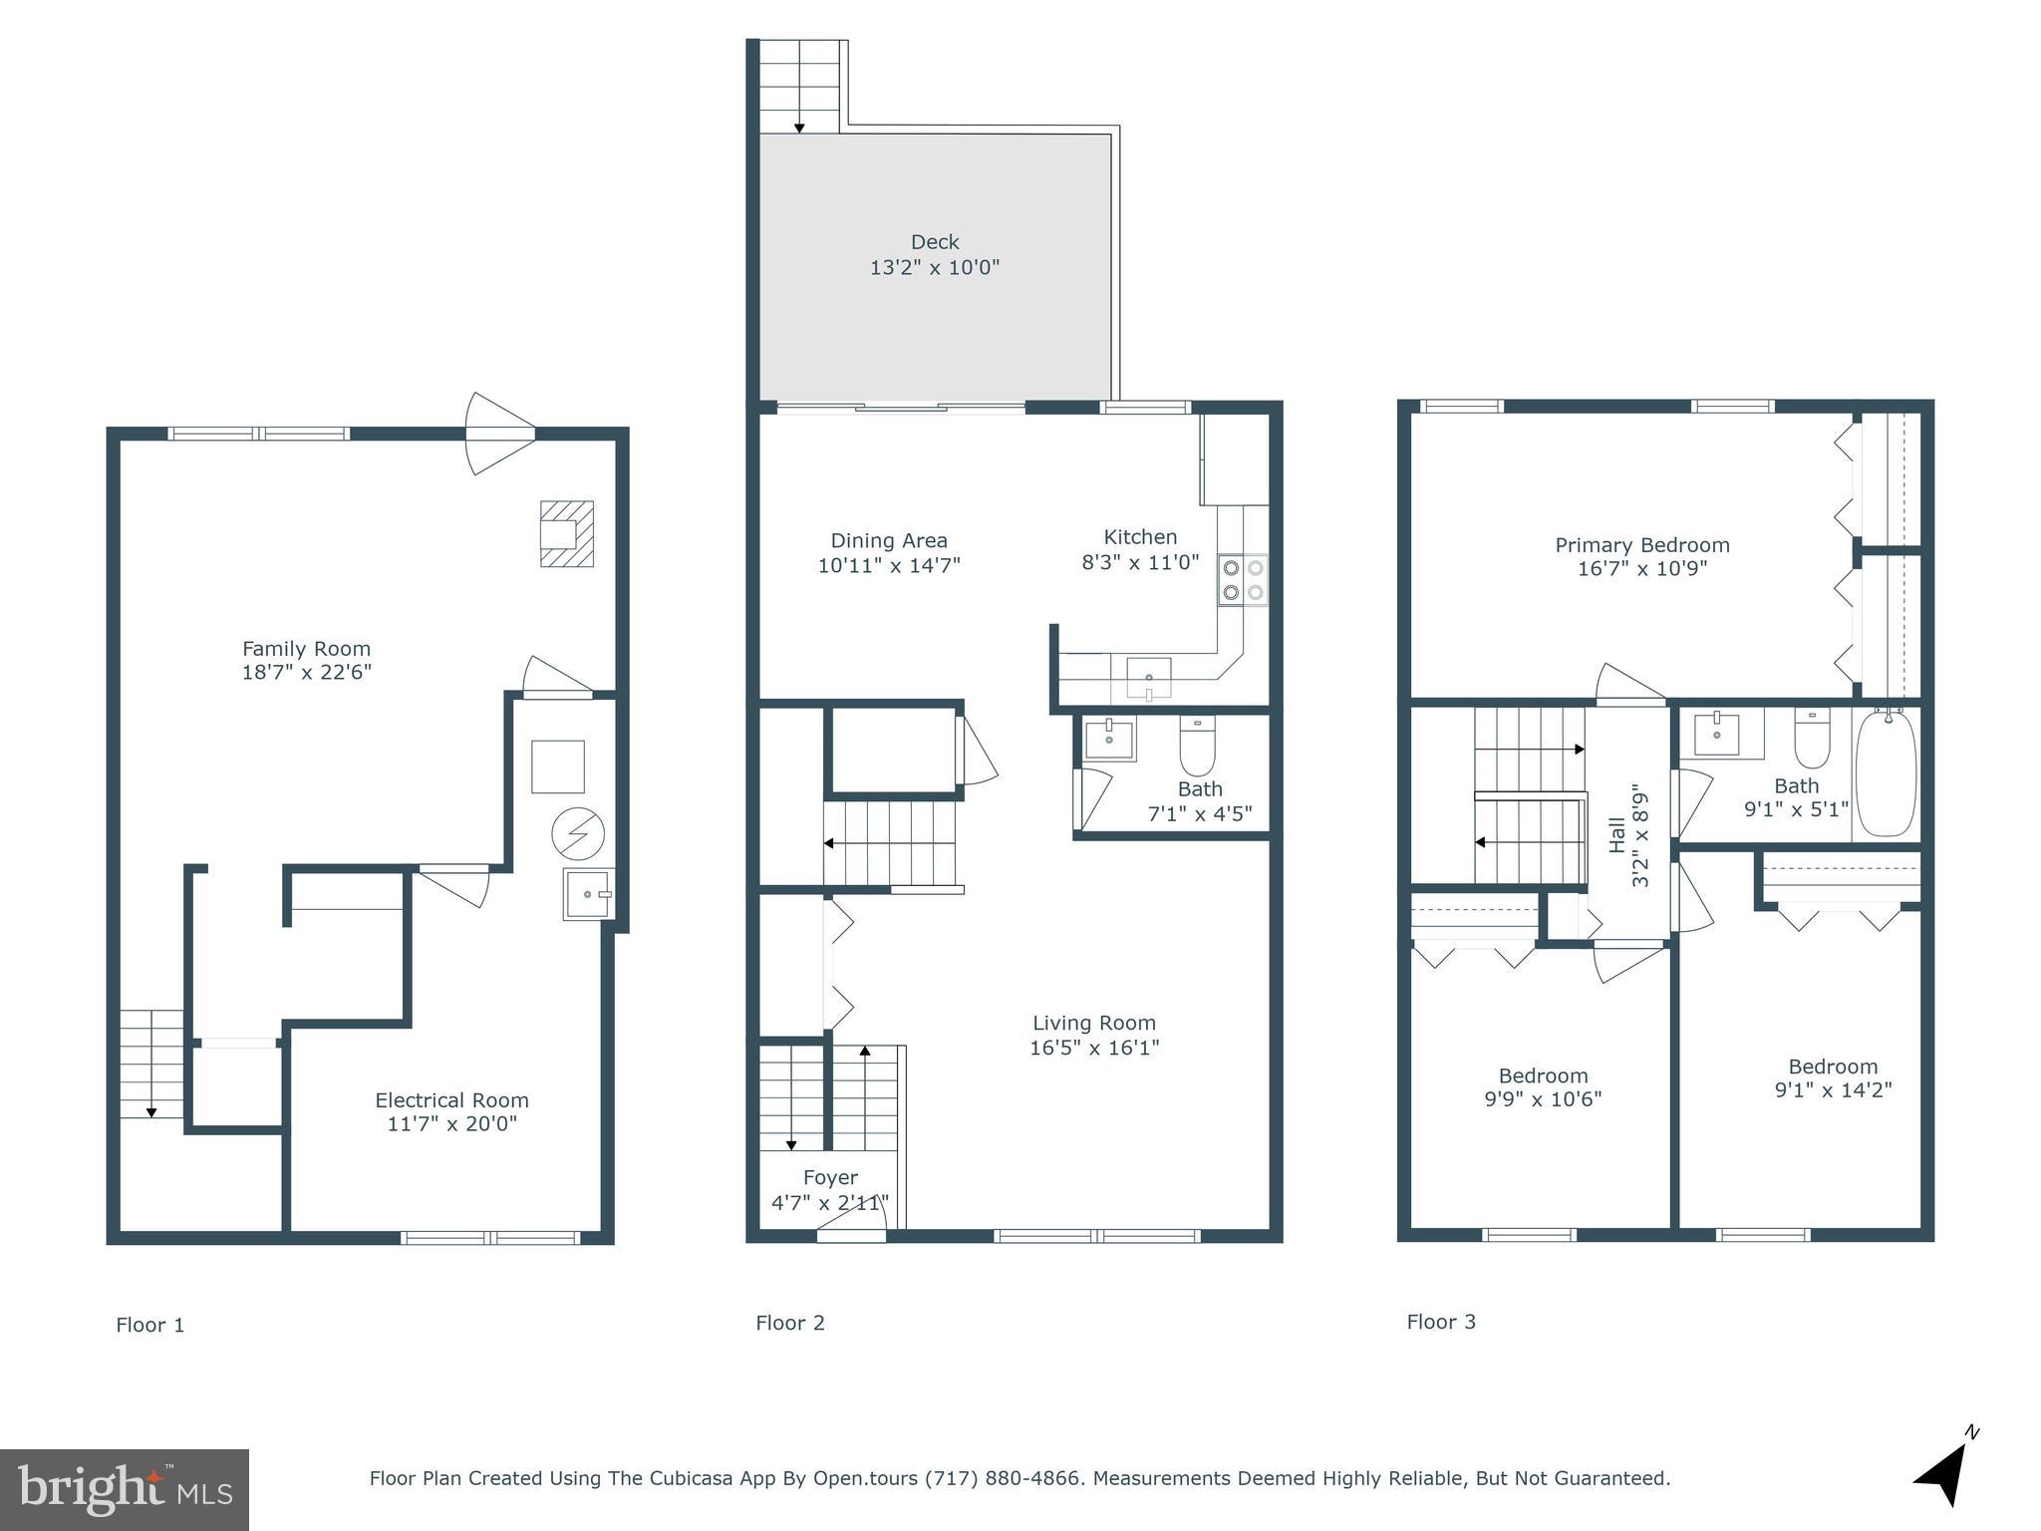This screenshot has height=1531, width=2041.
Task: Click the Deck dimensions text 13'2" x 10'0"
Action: [x=934, y=267]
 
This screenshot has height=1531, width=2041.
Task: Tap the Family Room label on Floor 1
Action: [x=306, y=648]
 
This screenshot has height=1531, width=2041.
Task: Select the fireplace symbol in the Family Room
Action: [x=566, y=533]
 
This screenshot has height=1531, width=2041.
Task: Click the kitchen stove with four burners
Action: [x=1243, y=580]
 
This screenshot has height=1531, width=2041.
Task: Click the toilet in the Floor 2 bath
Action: [x=1197, y=747]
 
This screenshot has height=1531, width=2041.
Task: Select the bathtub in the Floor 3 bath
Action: [x=1886, y=773]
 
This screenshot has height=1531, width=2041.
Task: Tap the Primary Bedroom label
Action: [x=1641, y=545]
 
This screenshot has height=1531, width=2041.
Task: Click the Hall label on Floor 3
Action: [x=1617, y=835]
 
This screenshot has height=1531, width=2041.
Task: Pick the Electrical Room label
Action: [x=451, y=1100]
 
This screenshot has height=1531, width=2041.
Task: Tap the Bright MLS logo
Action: [x=125, y=1490]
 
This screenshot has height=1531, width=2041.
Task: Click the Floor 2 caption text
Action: [x=790, y=1323]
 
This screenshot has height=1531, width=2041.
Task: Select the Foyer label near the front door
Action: [x=830, y=1178]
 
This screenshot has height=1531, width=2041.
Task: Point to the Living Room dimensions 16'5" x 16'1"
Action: [x=1094, y=1048]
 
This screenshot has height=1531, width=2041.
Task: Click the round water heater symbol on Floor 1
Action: [x=578, y=833]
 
